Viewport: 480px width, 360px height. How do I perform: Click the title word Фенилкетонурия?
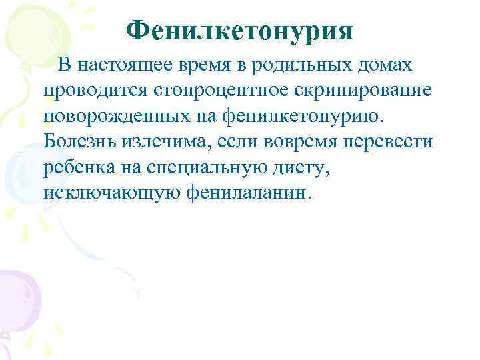[x=239, y=29]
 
